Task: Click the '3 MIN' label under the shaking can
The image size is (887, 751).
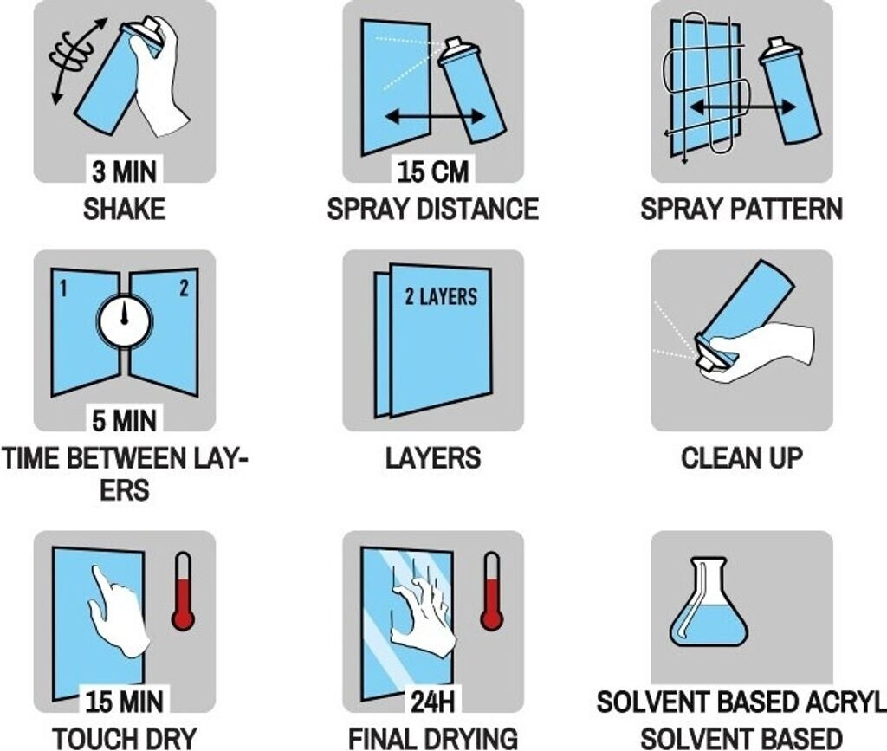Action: pos(125,171)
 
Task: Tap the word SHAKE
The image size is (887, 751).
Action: pos(125,209)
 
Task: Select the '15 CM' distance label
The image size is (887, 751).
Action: pos(433,172)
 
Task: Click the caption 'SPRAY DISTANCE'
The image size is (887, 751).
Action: pos(433,209)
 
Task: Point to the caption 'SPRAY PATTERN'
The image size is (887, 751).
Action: pos(741,209)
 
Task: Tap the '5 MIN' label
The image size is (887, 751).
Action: pos(125,421)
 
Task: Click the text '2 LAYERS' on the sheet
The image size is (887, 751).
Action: pos(441,296)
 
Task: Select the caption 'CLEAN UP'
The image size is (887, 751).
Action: pos(741,458)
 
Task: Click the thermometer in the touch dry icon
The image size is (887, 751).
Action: pos(183,591)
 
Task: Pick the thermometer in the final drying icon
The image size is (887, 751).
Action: pos(492,591)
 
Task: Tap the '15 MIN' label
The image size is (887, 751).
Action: pos(125,702)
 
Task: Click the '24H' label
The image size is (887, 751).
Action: pos(433,702)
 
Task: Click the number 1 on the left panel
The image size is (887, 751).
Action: pos(63,289)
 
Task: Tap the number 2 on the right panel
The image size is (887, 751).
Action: pos(184,288)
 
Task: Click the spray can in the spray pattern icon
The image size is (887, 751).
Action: pos(788,90)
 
